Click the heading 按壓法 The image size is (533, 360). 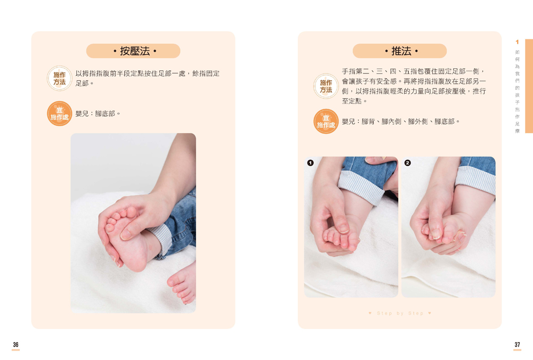135,51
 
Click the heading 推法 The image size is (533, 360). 401,51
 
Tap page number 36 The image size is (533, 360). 15,345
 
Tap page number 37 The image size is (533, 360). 517,345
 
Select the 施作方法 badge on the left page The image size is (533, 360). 60,78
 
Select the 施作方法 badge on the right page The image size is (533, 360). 326,86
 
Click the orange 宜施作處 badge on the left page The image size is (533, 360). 60,113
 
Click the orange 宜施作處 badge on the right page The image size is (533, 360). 326,121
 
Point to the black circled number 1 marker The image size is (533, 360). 310,163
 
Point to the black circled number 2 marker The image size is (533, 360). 408,163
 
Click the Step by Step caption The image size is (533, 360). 400,313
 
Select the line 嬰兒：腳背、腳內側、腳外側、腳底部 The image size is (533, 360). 400,121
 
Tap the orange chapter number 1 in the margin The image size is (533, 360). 517,42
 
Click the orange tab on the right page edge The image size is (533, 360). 529,86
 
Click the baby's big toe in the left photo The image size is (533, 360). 132,212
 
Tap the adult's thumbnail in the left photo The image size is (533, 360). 125,234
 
